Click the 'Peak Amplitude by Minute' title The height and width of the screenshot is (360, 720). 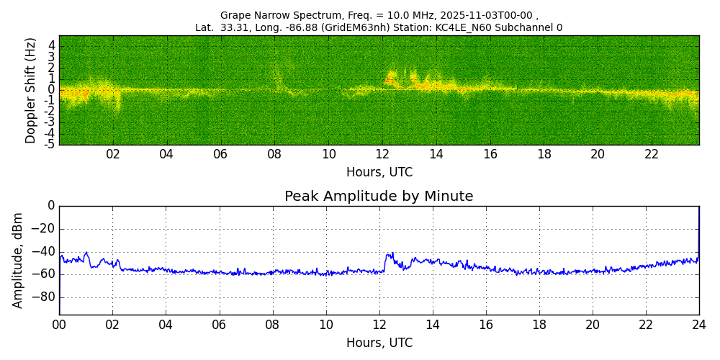[379, 197]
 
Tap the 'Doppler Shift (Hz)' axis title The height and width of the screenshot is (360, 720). [30, 90]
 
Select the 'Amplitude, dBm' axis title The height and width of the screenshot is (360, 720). [18, 260]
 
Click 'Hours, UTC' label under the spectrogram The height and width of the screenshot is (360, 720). [379, 173]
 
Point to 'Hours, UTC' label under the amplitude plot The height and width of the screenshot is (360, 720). [379, 343]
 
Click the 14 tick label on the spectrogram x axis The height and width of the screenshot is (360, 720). [436, 155]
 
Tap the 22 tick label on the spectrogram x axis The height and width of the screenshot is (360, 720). [652, 155]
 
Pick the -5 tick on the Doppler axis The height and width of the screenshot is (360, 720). [50, 144]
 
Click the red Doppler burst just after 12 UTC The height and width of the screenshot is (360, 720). [390, 78]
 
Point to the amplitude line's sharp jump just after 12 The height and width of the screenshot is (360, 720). [386, 263]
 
